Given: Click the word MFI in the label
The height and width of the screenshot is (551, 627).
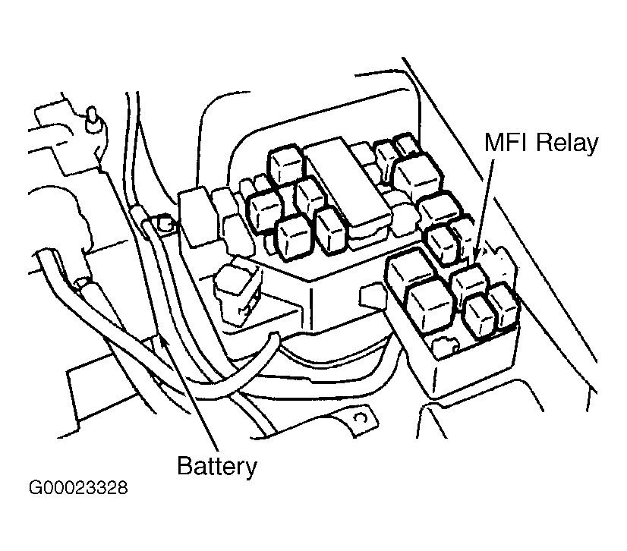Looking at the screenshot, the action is click(507, 142).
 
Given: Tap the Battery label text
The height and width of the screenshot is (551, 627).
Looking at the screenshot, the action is click(217, 466).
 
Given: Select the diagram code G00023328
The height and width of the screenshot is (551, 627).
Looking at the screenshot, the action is click(78, 487).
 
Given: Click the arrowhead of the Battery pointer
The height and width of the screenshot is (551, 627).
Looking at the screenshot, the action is click(163, 341).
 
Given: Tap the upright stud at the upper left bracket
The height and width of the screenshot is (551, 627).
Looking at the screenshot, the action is click(93, 118).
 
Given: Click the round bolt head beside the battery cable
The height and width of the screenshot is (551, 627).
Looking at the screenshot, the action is click(164, 224).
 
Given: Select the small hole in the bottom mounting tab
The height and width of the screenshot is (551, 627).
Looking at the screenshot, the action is click(361, 418).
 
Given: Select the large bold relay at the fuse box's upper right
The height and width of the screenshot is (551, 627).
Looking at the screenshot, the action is click(417, 176).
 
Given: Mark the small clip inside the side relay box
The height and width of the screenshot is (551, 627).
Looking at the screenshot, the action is click(443, 345).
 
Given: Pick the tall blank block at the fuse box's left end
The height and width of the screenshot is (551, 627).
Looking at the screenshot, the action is click(199, 219).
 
